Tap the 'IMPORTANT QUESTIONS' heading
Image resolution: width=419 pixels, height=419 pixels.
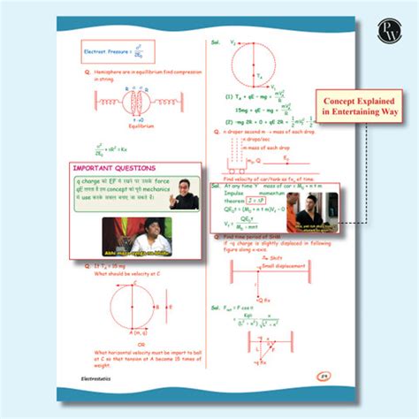pos(115,168)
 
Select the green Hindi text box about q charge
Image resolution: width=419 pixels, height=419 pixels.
pos(118,193)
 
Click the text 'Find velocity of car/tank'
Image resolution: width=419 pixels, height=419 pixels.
pos(266,179)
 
